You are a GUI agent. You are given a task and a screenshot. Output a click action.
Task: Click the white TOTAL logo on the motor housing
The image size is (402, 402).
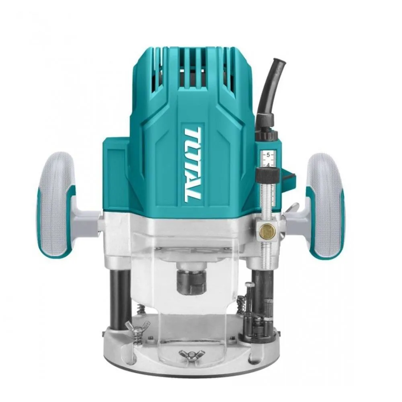193,163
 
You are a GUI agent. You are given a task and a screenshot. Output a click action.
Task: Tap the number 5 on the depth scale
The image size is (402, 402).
268,155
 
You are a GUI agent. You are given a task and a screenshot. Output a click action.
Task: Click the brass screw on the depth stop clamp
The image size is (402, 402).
267,229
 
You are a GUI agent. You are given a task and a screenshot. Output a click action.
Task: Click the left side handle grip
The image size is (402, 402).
55,204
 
